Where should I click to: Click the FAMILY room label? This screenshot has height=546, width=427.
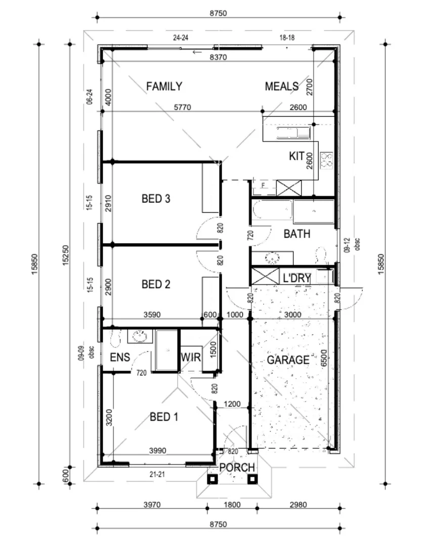point(164,86)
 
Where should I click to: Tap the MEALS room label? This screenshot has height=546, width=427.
point(281,86)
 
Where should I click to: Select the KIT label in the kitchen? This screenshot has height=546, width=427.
point(296,156)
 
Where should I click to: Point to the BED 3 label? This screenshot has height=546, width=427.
point(156,199)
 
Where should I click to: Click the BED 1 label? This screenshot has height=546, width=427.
point(164,417)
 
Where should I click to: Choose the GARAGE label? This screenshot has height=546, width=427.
point(288,360)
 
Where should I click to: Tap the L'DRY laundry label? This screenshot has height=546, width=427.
point(296,278)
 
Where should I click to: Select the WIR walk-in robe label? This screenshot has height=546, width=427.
point(191,357)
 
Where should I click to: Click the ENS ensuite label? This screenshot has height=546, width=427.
point(120,357)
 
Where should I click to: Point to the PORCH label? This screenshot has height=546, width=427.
point(237,468)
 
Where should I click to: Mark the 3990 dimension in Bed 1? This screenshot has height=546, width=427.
point(158,450)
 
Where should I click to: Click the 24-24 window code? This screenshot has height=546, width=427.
point(181,37)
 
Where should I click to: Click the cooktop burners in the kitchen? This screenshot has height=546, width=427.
point(327,159)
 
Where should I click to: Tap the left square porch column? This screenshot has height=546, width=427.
point(212,479)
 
